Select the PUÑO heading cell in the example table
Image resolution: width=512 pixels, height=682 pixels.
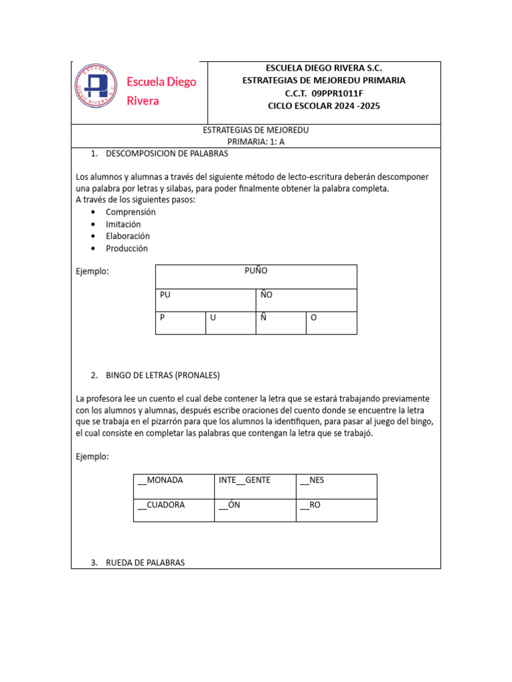[256, 271]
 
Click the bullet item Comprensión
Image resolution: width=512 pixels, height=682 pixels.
[131, 212]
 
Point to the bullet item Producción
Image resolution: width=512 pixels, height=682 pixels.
[127, 248]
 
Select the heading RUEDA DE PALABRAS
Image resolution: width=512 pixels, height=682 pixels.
[145, 563]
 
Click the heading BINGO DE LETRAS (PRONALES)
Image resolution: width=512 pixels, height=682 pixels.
[163, 375]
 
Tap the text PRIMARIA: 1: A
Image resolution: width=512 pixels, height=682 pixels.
[256, 142]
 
